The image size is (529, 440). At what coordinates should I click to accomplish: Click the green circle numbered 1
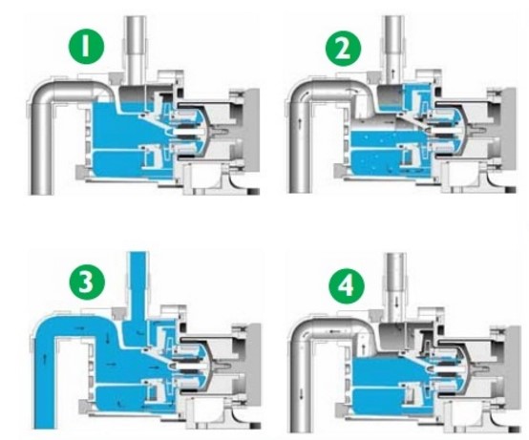[x=86, y=47]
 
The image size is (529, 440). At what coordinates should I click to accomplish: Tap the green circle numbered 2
[x=343, y=49]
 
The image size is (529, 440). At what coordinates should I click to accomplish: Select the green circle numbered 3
[x=87, y=282]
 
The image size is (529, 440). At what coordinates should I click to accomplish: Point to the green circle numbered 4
[x=347, y=286]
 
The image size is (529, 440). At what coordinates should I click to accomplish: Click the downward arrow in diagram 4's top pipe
[x=397, y=301]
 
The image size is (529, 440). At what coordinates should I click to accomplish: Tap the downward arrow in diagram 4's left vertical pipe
[x=301, y=391]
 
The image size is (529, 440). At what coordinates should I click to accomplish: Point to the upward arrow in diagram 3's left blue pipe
[x=44, y=358]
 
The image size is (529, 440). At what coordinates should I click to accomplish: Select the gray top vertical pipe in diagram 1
[x=136, y=51]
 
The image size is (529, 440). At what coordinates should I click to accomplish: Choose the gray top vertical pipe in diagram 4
[x=395, y=286]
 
